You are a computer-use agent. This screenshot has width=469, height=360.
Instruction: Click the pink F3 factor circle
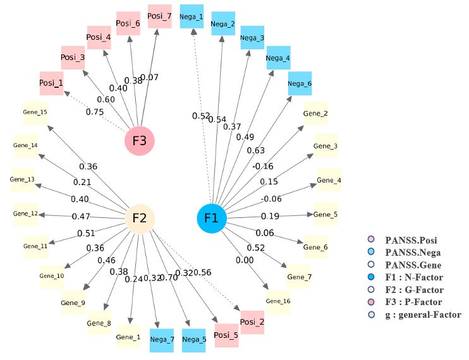pyautogui.click(x=140, y=140)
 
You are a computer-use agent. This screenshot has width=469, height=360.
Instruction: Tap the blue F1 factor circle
pyautogui.click(x=211, y=219)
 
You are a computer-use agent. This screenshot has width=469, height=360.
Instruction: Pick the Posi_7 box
pyautogui.click(x=159, y=16)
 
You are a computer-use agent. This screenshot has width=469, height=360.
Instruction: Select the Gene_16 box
pyautogui.click(x=278, y=301)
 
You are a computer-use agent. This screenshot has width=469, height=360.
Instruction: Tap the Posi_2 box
pyautogui.click(x=252, y=321)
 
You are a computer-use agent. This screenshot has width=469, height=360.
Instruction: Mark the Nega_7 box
pyautogui.click(x=162, y=339)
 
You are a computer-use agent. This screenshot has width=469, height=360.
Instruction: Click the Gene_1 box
pyautogui.click(x=128, y=337)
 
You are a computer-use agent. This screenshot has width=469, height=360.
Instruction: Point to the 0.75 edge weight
pyautogui.click(x=96, y=112)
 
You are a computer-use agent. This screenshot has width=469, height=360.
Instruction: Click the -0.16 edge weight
pyautogui.click(x=264, y=166)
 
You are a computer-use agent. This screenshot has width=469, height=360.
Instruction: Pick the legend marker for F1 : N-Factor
pyautogui.click(x=371, y=277)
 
